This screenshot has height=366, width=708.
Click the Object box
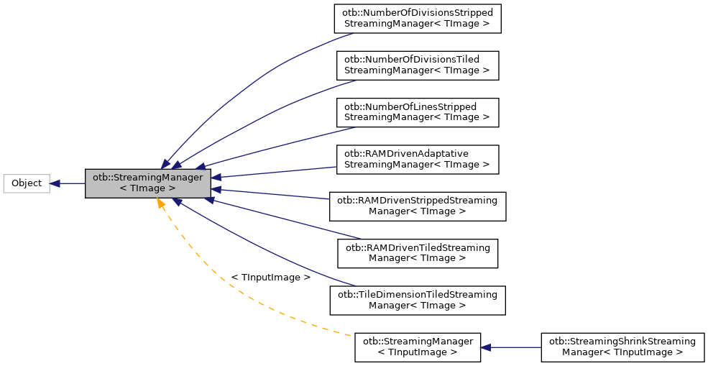pos(27,183)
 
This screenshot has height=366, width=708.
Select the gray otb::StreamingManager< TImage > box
pos(147,183)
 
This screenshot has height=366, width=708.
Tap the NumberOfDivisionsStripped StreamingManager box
pos(417,19)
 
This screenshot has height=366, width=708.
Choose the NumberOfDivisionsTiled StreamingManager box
pos(417,65)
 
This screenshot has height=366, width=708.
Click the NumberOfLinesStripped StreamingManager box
pos(417,111)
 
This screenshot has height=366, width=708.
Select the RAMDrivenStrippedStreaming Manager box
pos(417,206)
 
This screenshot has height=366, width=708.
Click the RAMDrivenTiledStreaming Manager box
pos(417,252)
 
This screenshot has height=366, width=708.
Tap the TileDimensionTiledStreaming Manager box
pos(417,300)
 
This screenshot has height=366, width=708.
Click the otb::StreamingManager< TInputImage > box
pos(417,347)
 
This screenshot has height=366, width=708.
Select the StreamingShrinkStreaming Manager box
pos(622,347)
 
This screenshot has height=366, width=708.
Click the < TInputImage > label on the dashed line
pos(270,277)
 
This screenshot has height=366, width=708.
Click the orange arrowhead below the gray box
pos(160,204)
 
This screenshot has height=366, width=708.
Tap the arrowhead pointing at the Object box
pos(55,183)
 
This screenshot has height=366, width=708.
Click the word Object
pos(27,183)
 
